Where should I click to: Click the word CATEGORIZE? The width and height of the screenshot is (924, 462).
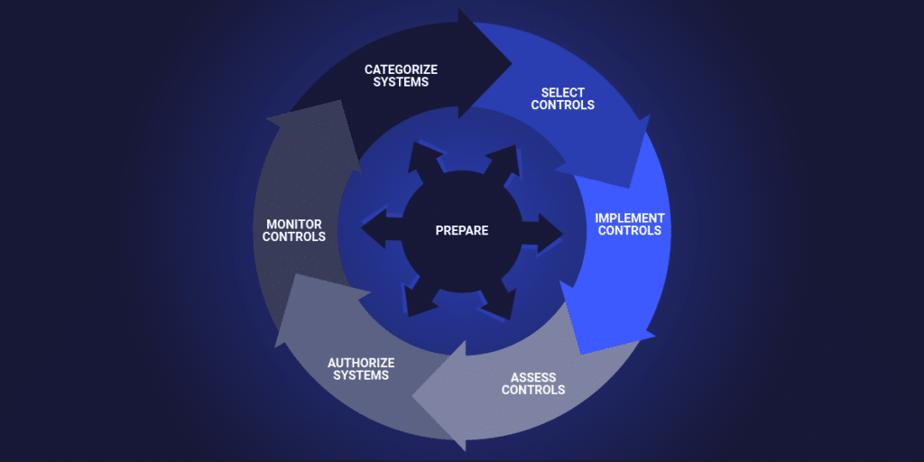pyautogui.click(x=401, y=69)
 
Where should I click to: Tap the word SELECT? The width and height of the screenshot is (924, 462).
pyautogui.click(x=563, y=93)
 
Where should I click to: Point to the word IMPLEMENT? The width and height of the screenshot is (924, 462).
pyautogui.click(x=630, y=217)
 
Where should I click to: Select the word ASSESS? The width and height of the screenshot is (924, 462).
pyautogui.click(x=533, y=377)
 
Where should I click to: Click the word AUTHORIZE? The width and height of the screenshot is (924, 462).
pyautogui.click(x=361, y=363)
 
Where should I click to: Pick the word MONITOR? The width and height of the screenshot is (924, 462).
pyautogui.click(x=294, y=224)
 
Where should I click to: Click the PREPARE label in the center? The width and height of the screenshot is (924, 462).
pyautogui.click(x=462, y=230)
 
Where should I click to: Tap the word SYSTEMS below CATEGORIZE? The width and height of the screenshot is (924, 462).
pyautogui.click(x=401, y=82)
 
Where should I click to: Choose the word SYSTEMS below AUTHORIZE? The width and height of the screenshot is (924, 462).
pyautogui.click(x=361, y=375)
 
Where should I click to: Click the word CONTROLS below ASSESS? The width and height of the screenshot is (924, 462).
pyautogui.click(x=533, y=390)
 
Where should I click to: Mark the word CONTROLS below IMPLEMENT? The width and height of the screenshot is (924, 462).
pyautogui.click(x=630, y=230)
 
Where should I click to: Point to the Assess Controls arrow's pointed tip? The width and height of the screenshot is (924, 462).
pyautogui.click(x=413, y=397)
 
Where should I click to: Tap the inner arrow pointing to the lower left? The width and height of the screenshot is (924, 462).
pyautogui.click(x=420, y=298)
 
